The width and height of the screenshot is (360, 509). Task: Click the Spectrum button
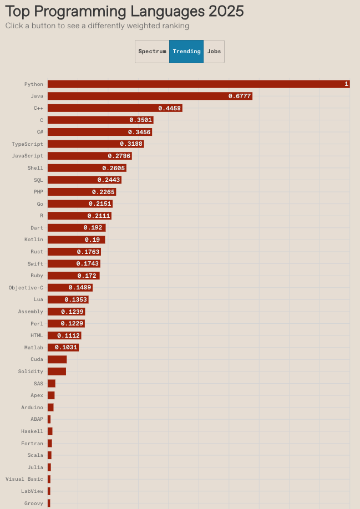152,52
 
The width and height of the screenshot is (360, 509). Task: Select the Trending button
186,52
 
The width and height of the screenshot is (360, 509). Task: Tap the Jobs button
214,52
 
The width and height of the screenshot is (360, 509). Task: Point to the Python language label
33,84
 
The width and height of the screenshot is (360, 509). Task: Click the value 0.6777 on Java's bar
240,96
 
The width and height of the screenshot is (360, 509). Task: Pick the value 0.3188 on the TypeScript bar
131,144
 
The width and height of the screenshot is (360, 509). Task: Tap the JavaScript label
27,156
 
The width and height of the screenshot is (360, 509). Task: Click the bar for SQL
84,180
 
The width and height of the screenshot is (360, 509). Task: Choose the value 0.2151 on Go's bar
100,204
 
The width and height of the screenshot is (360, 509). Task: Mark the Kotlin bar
76,240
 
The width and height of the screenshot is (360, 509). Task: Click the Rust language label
37,252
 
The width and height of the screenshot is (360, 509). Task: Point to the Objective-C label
26,288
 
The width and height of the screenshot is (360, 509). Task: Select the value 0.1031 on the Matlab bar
66,348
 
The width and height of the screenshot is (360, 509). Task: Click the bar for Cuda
57,359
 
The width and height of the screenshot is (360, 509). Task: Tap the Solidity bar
57,371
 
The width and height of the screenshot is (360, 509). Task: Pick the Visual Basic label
24,479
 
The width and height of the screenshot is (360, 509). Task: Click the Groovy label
33,503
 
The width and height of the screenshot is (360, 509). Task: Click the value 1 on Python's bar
346,84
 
